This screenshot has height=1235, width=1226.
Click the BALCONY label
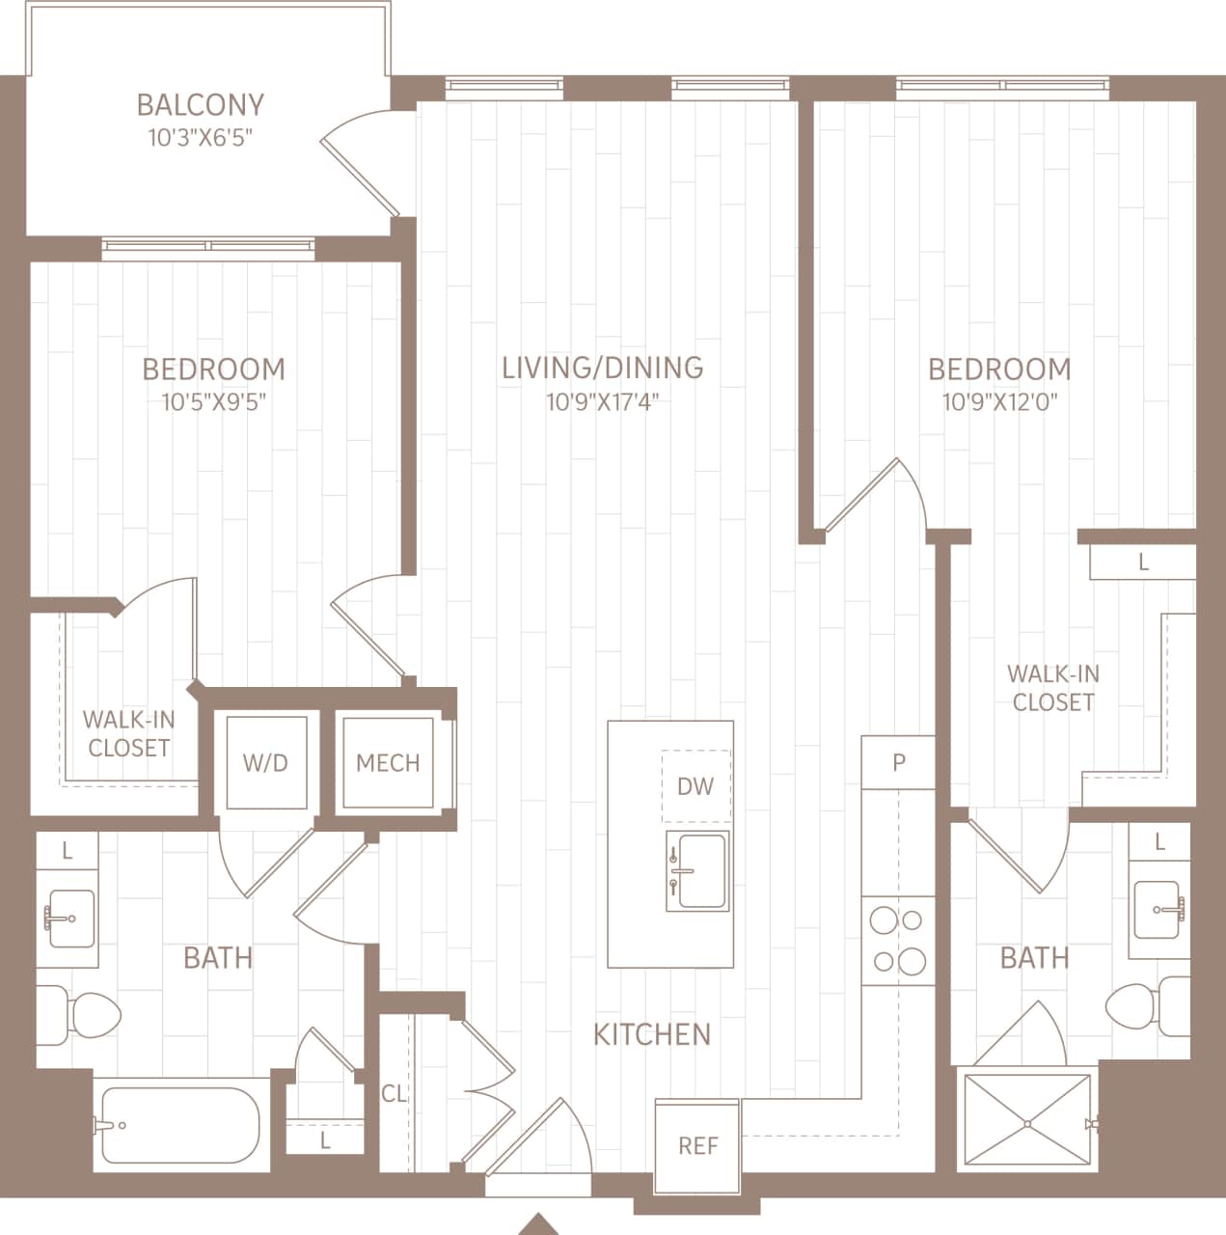200,104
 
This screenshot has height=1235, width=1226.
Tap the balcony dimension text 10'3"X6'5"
200,137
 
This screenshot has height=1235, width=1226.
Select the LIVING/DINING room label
602,368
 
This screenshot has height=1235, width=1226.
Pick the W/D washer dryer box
265,762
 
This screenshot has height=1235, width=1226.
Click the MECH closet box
388,762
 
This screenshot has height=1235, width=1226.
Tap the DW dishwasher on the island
695,785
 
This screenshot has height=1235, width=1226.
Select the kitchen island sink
696,871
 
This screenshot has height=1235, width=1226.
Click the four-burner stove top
898,941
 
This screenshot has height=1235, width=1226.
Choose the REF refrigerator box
697,1145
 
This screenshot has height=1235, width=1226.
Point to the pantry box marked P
898,762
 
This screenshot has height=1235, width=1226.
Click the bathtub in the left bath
177,1126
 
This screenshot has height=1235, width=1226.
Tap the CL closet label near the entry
394,1093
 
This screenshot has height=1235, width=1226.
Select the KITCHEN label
651,1034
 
